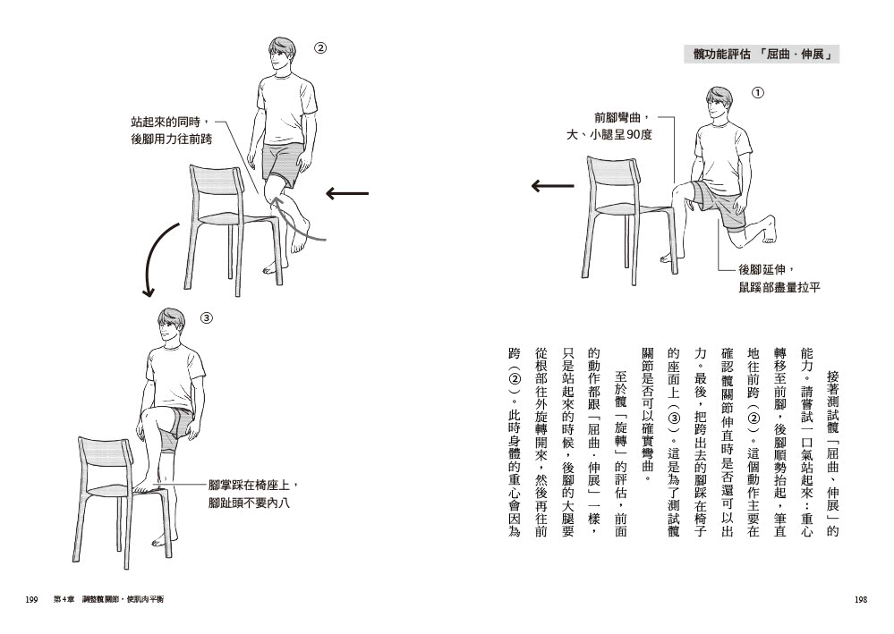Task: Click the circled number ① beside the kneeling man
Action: [x=758, y=92]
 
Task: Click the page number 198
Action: [x=862, y=599]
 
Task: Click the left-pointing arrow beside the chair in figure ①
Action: [x=552, y=186]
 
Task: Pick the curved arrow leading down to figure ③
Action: [x=154, y=259]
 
